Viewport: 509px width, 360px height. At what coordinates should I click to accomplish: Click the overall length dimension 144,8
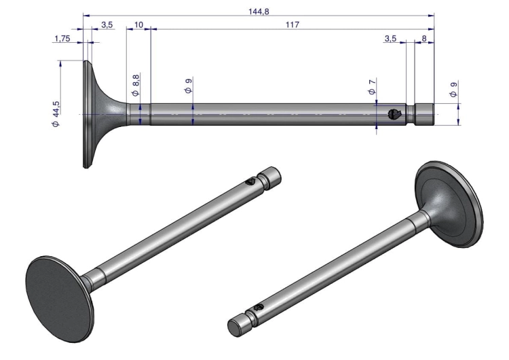point(259,12)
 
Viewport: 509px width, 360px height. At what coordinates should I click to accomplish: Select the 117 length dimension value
point(293,24)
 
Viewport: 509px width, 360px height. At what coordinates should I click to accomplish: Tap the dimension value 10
point(138,24)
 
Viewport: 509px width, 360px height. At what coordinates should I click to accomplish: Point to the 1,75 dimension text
point(62,38)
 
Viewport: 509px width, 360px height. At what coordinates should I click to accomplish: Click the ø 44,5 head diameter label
point(56,114)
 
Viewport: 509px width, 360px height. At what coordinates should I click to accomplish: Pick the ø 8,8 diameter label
point(136,85)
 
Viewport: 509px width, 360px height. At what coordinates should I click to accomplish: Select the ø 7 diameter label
point(372,86)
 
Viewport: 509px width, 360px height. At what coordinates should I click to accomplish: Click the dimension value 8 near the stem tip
point(424,38)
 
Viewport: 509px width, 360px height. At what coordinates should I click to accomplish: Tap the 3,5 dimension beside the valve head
point(107,24)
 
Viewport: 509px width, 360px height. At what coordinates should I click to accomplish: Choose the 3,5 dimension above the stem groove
point(390,38)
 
